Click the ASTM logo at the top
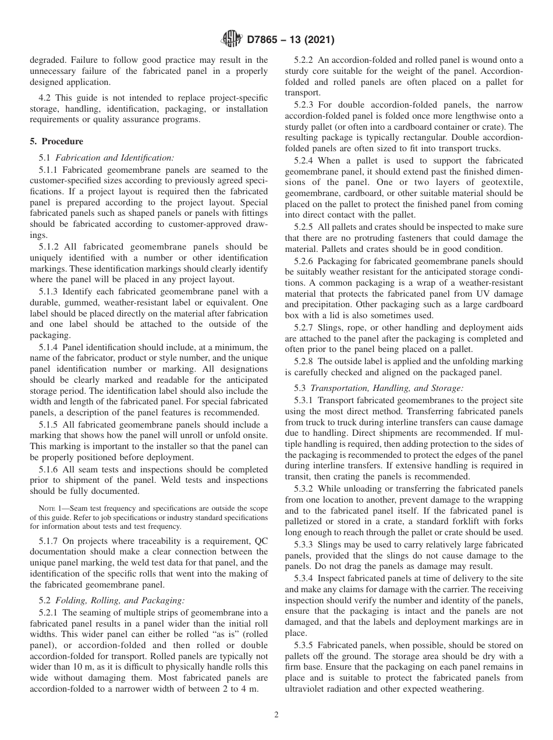click(x=231, y=40)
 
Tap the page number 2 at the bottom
click(x=276, y=715)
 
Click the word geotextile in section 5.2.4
click(x=484, y=182)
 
